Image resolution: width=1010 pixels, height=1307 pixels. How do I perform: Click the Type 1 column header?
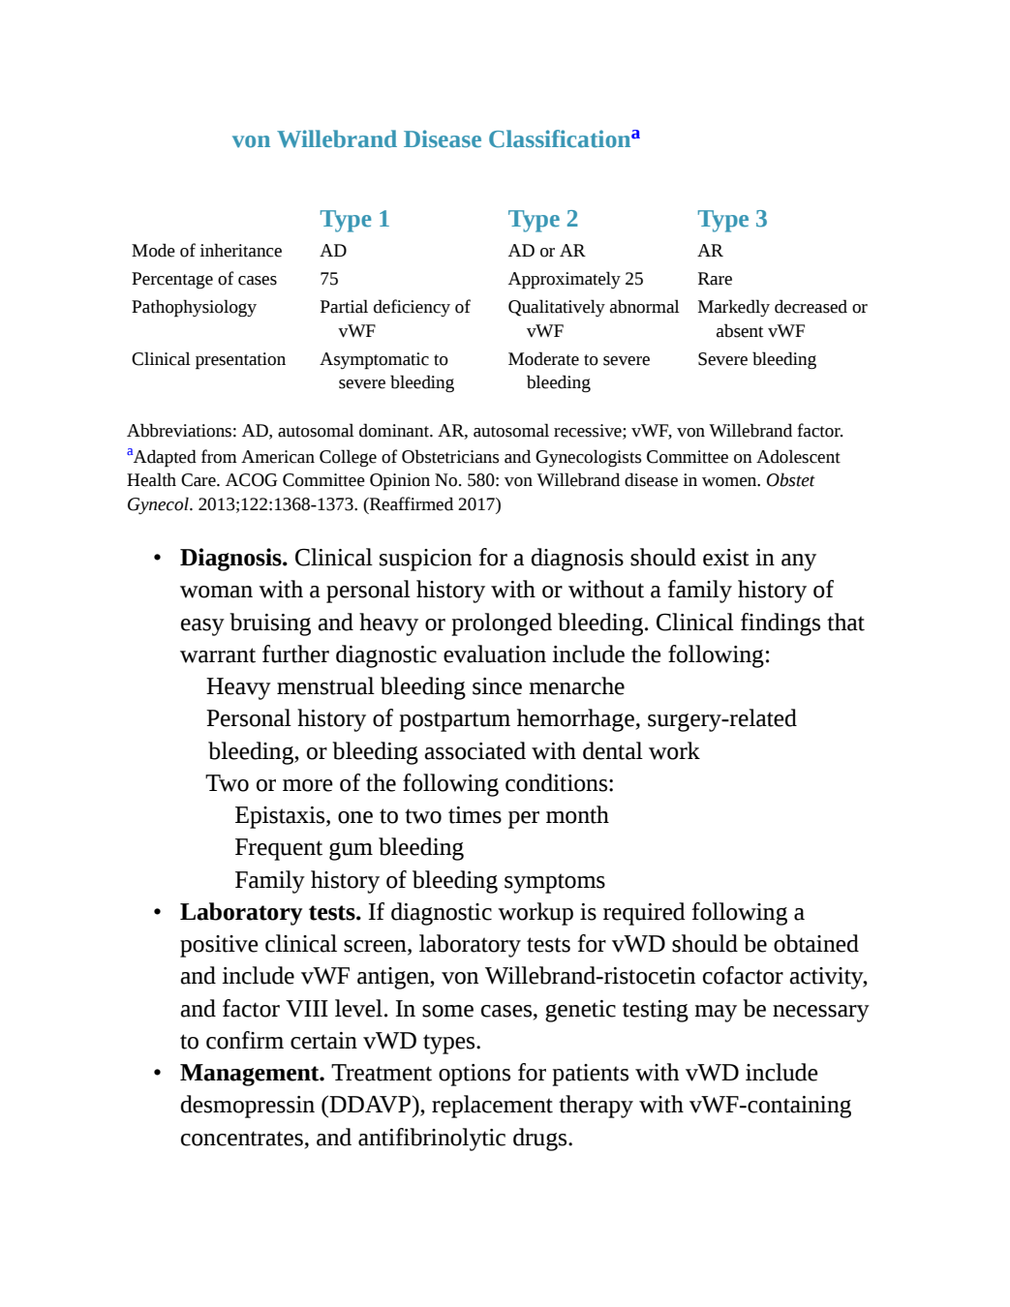(x=354, y=220)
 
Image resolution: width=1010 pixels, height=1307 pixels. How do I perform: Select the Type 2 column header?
(x=542, y=220)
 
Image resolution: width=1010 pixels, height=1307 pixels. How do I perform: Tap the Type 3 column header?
(x=732, y=220)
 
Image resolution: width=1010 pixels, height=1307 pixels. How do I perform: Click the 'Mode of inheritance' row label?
(x=206, y=251)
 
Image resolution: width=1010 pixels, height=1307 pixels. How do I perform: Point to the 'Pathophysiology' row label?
(x=194, y=307)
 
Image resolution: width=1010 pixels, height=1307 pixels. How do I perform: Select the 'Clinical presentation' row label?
(x=208, y=360)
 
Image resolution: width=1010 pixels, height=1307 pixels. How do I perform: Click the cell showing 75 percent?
(x=328, y=279)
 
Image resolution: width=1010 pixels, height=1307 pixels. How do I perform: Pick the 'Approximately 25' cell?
(x=575, y=279)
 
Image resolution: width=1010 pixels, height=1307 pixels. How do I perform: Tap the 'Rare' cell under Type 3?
(x=714, y=279)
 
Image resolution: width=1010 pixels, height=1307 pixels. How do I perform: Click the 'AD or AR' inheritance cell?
(x=546, y=251)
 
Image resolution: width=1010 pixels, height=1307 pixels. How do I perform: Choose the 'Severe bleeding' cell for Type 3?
(x=756, y=360)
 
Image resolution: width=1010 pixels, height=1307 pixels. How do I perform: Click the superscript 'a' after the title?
(x=635, y=134)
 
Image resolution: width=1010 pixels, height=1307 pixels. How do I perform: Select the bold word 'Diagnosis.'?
(x=233, y=559)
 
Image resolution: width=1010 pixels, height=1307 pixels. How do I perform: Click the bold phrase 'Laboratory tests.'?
(x=270, y=912)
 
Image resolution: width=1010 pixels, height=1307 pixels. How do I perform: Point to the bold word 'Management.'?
(x=252, y=1073)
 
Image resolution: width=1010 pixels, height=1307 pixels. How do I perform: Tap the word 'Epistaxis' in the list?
(x=282, y=816)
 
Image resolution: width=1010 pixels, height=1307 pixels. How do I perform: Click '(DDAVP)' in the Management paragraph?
(x=373, y=1106)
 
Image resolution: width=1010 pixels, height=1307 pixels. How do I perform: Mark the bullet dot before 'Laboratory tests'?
(x=157, y=913)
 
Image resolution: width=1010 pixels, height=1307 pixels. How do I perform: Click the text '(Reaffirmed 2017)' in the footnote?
(x=431, y=504)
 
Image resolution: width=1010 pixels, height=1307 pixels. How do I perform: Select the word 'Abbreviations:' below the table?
(x=182, y=431)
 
